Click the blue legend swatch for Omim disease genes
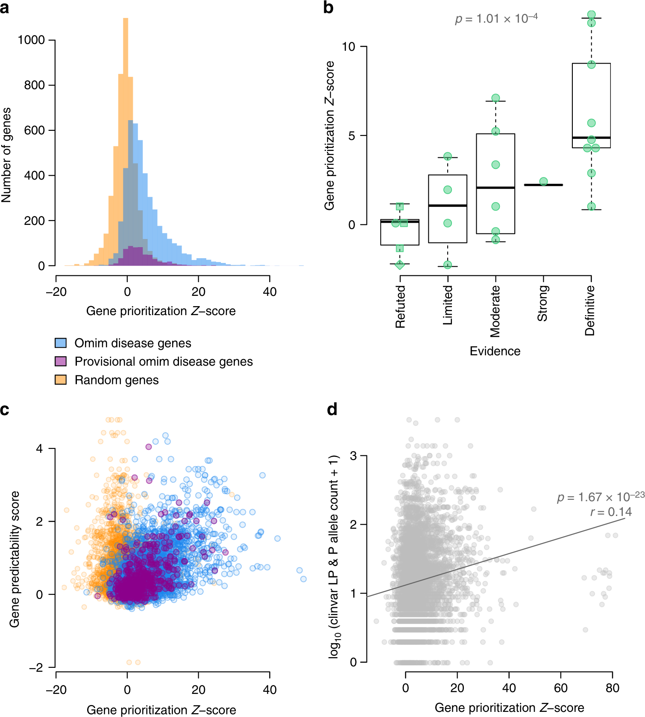point(61,343)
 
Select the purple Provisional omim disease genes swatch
point(61,361)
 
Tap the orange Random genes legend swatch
point(61,380)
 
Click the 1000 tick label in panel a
point(31,40)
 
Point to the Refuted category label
point(400,307)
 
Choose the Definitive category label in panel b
point(590,310)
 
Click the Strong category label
point(542,304)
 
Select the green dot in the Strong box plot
point(543,181)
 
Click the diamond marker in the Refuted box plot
point(400,265)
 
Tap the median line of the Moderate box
point(495,188)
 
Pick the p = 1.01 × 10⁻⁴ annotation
point(496,19)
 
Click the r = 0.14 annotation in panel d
point(611,512)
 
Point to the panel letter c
point(5,410)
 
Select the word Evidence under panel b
point(495,351)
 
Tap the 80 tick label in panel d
point(612,688)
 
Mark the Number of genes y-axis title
point(6,155)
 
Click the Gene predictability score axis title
point(15,559)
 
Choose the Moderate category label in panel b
point(495,311)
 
